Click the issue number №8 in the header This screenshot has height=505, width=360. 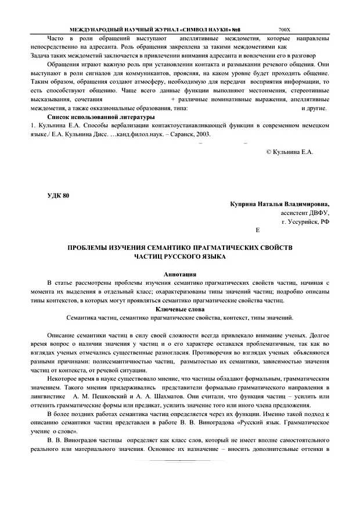235,29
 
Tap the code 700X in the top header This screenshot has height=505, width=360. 284,29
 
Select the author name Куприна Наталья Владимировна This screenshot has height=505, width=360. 279,205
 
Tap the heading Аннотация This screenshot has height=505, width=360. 180,273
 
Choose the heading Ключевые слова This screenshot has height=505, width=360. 180,309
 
